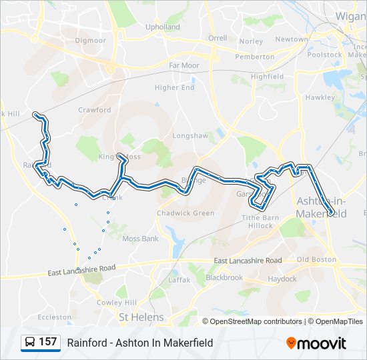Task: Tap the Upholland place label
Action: tap(163, 27)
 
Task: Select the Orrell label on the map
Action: tap(218, 38)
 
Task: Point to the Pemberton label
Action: tap(255, 57)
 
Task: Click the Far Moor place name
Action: tap(184, 65)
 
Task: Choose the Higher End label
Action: tap(174, 87)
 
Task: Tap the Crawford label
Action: tap(94, 110)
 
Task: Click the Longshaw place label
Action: tap(190, 135)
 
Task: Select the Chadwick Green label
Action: tap(186, 213)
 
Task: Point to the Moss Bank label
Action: tap(140, 238)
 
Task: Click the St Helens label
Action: tap(141, 317)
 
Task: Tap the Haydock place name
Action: tap(282, 279)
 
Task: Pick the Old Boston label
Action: tap(316, 259)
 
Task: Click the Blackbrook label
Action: tap(224, 277)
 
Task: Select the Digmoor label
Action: tap(90, 40)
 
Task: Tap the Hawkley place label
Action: tap(320, 97)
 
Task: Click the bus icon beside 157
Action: tap(29, 343)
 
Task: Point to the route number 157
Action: tap(47, 342)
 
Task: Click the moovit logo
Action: tap(316, 343)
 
